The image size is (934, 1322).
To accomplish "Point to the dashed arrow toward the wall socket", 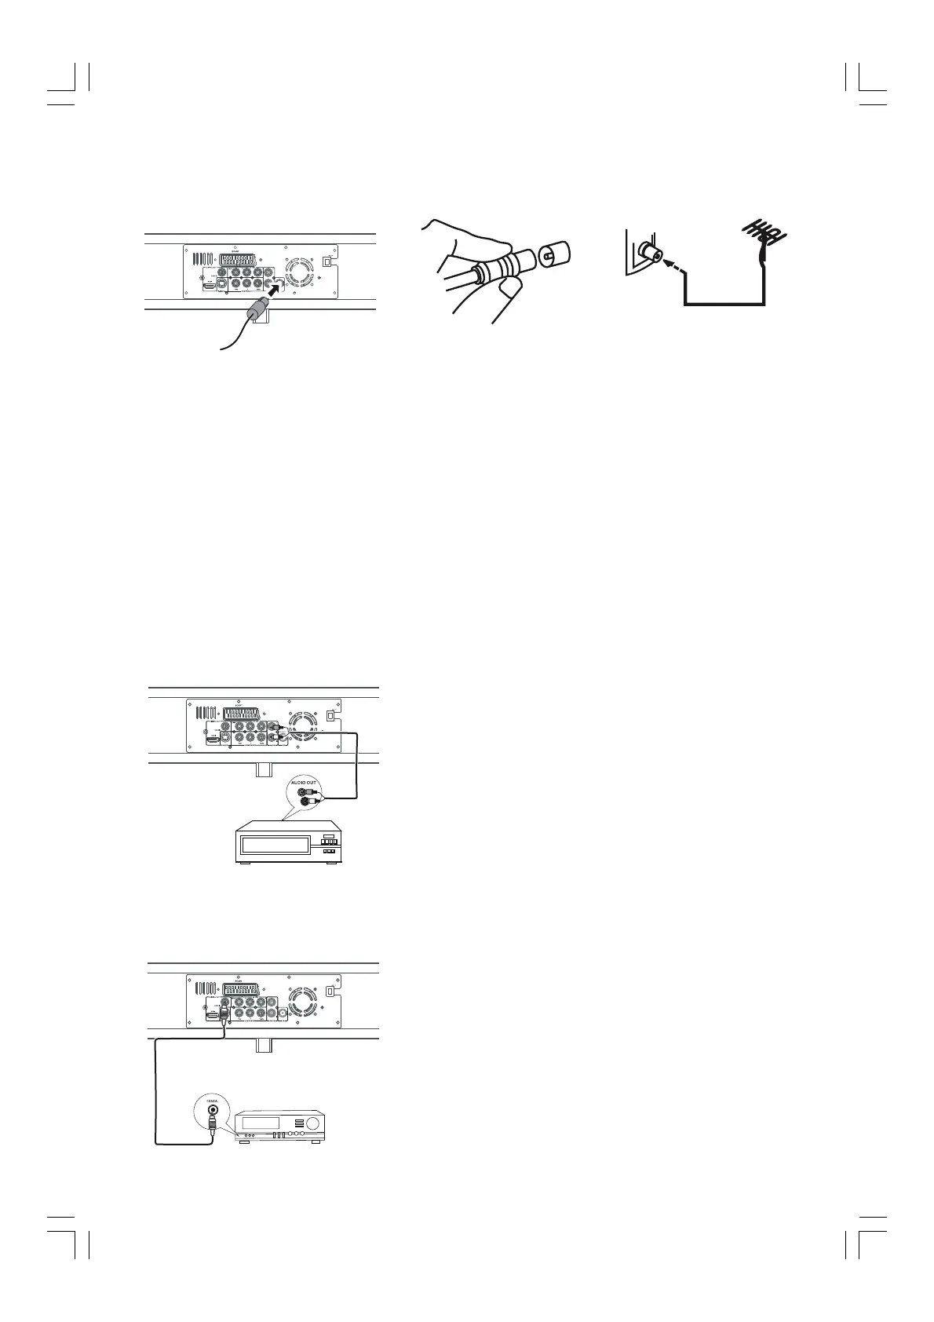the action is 672,268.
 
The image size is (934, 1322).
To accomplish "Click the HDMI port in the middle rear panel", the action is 213,739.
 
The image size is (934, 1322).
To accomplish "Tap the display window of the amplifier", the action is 261,1121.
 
